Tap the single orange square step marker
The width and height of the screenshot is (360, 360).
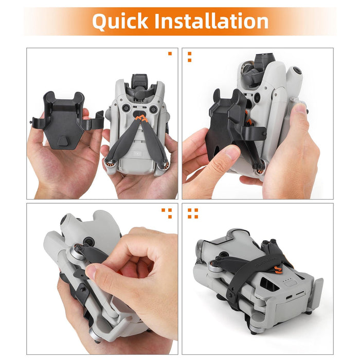[x=170, y=53]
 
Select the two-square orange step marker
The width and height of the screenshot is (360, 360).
[x=189, y=57]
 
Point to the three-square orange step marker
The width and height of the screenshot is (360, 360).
[x=167, y=212]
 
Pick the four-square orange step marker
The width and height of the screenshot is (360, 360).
[x=193, y=212]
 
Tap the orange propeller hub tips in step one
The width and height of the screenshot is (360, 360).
[x=141, y=119]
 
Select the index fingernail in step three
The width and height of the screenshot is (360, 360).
[x=92, y=272]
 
